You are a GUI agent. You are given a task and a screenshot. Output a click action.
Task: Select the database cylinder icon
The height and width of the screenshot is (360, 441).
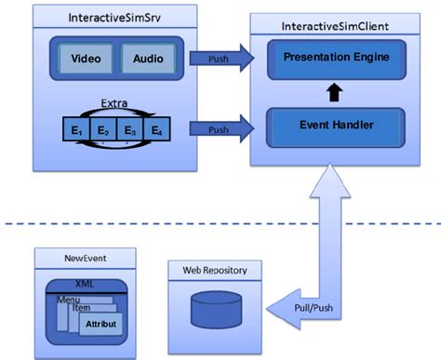pyautogui.click(x=216, y=308)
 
